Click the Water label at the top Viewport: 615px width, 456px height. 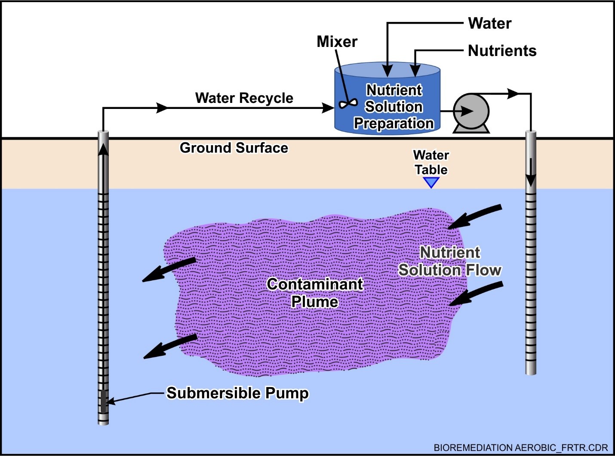click(490, 23)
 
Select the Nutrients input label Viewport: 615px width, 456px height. click(502, 51)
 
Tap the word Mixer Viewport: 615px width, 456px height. click(337, 42)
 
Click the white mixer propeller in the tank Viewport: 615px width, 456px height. click(348, 104)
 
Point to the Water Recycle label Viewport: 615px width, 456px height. click(244, 98)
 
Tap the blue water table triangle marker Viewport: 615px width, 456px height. click(431, 183)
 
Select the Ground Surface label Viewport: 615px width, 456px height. click(234, 148)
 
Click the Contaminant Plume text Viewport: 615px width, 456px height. click(315, 293)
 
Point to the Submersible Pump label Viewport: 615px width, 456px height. click(237, 393)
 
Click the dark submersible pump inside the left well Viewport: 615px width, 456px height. click(103, 402)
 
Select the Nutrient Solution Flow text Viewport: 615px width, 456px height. click(450, 261)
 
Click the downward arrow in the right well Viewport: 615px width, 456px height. click(531, 172)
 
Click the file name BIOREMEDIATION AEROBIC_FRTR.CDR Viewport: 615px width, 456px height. click(521, 447)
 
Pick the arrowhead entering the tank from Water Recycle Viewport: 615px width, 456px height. click(328, 108)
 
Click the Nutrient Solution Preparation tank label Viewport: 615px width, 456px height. click(394, 107)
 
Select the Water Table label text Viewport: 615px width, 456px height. click(431, 162)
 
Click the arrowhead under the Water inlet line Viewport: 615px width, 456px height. click(387, 71)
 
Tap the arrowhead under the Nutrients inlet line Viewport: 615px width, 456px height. click(415, 71)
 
